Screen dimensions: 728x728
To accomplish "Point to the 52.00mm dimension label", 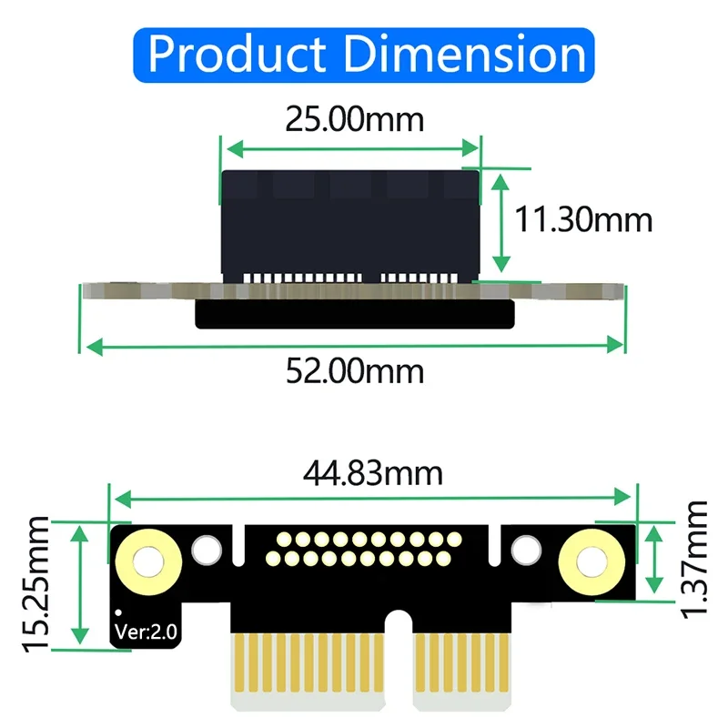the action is pos(355,370).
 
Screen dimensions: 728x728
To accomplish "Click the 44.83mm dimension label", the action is pos(374,473).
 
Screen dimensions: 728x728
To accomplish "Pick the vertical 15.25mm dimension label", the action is pos(38,582).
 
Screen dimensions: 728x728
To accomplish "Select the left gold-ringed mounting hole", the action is pos(144,558).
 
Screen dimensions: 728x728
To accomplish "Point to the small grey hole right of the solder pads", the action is pos(525,549).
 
